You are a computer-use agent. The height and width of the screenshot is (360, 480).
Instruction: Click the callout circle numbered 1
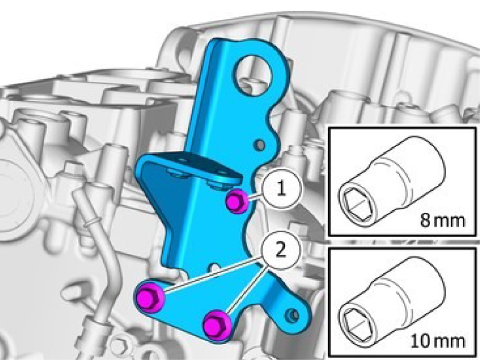coord(281,189)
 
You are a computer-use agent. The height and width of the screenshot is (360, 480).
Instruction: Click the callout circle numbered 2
coord(281,251)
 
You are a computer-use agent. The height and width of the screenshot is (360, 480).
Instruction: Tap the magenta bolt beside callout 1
coord(237,201)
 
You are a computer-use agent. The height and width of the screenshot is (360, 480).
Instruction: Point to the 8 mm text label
coord(442,220)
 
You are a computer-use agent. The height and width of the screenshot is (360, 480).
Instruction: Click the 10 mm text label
coord(438,341)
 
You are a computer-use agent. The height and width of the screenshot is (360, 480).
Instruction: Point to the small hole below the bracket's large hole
coord(260,145)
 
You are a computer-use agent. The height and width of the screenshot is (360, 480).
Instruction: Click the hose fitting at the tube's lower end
coord(98,324)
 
